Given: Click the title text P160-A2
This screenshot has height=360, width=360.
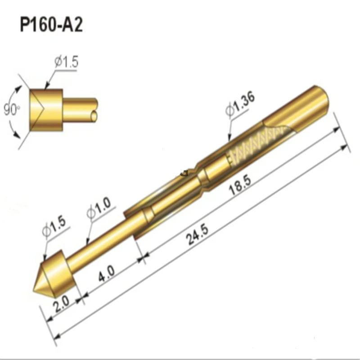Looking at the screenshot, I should (51, 25).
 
